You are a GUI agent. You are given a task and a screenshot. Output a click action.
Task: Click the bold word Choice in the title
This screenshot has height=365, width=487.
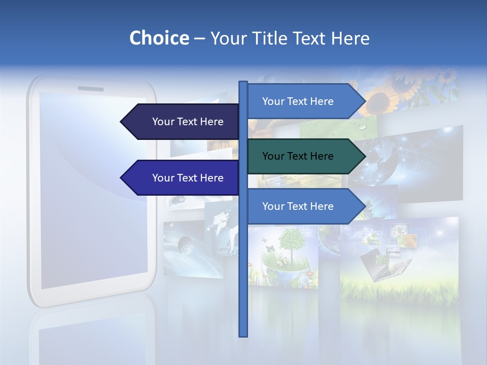click(159, 38)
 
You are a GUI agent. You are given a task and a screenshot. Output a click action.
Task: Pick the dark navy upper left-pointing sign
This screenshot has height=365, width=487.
click(183, 122)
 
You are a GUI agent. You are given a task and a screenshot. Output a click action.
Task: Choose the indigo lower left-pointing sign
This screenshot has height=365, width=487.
click(183, 178)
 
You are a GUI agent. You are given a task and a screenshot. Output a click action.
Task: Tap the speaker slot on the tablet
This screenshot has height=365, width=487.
click(90, 89)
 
